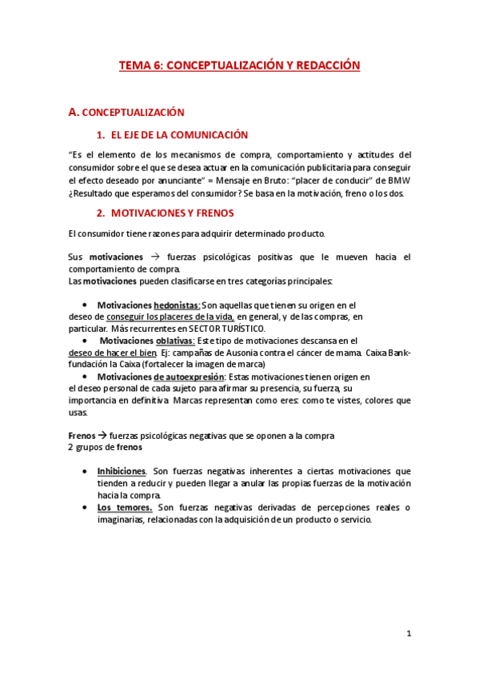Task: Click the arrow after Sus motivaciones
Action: click(x=155, y=257)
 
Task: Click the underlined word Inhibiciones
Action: click(x=121, y=471)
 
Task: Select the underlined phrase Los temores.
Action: click(x=125, y=507)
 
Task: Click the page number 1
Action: click(x=408, y=634)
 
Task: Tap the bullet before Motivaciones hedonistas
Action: click(x=85, y=305)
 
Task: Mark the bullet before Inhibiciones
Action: click(x=86, y=471)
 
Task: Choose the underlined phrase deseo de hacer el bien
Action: click(x=114, y=353)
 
